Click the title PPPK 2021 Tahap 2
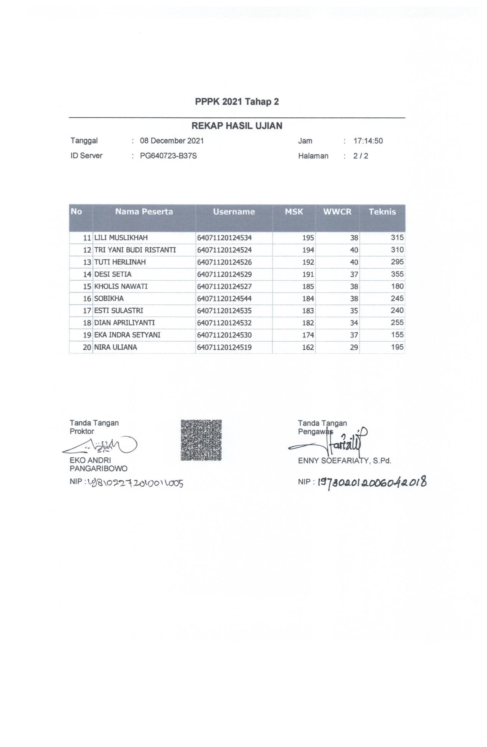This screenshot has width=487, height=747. [x=237, y=102]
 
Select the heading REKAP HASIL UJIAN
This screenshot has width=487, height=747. [x=237, y=126]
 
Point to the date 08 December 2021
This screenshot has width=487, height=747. [x=172, y=141]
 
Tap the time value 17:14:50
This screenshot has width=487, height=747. [x=368, y=141]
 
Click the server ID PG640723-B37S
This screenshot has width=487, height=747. [x=168, y=156]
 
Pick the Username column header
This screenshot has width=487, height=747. [x=234, y=212]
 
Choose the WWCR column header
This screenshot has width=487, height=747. [x=337, y=212]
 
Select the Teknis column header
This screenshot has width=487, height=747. [x=382, y=212]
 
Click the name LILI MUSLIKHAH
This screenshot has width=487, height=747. [x=121, y=238]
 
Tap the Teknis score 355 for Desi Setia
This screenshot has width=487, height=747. [x=397, y=274]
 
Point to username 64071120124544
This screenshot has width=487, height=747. [x=224, y=298]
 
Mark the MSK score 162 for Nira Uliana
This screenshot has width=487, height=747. [x=308, y=347]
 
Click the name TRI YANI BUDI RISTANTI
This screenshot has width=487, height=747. [x=135, y=250]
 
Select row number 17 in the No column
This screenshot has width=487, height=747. [x=87, y=311]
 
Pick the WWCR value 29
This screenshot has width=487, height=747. [x=354, y=347]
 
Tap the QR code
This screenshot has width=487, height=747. [x=201, y=440]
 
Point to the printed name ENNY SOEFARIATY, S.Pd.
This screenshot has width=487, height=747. [x=344, y=461]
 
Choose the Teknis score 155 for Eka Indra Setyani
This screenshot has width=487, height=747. [x=397, y=335]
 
